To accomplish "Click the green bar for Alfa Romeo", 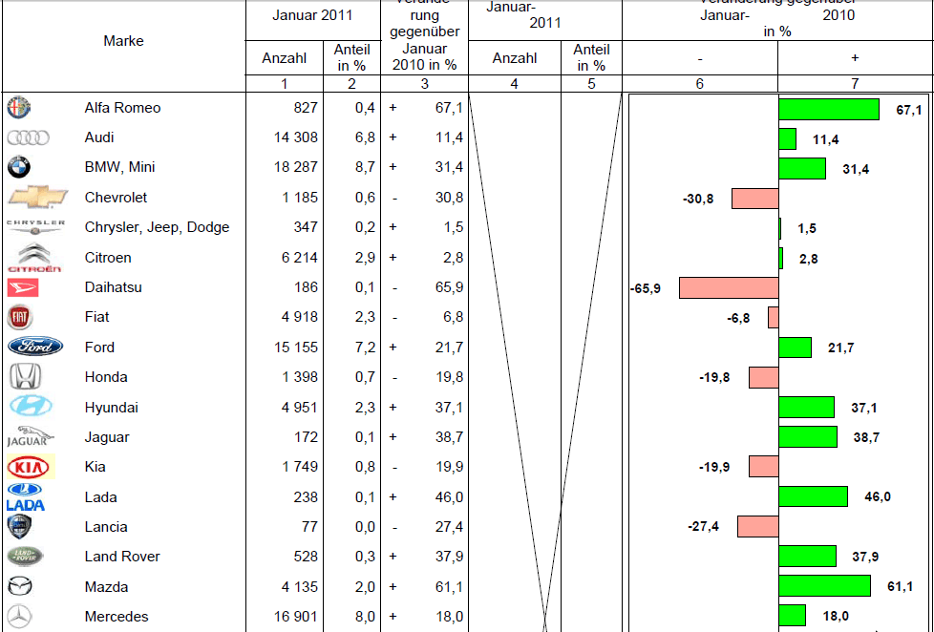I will point(828,109).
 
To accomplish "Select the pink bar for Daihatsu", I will point(729,287).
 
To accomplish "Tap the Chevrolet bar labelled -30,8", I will point(754,199).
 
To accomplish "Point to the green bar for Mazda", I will point(824,586).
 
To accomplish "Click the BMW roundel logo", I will point(19,168).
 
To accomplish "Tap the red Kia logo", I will point(30,467).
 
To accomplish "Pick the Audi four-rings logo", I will point(28,137).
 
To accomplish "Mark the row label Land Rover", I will point(122,557).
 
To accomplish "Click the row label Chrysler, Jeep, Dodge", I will point(157,227).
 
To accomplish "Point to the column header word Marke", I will point(124,41).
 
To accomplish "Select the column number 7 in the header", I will point(854,84).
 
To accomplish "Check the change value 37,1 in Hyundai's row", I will point(448,407).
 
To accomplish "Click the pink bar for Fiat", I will point(773,318).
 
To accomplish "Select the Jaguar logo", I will point(28,437).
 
